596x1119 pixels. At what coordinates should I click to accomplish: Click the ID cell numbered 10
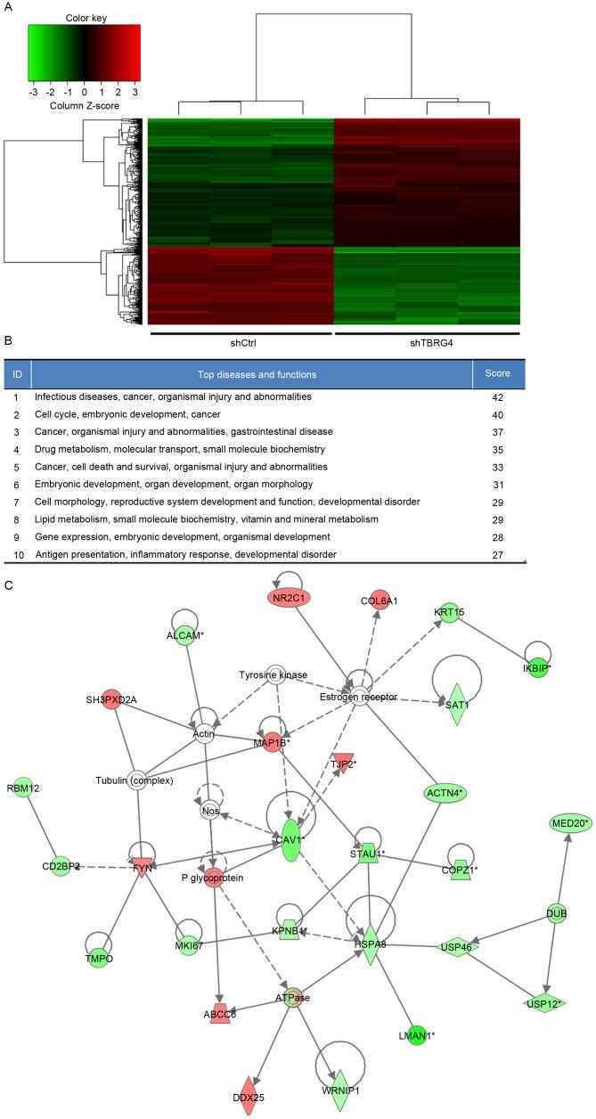pyautogui.click(x=17, y=554)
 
